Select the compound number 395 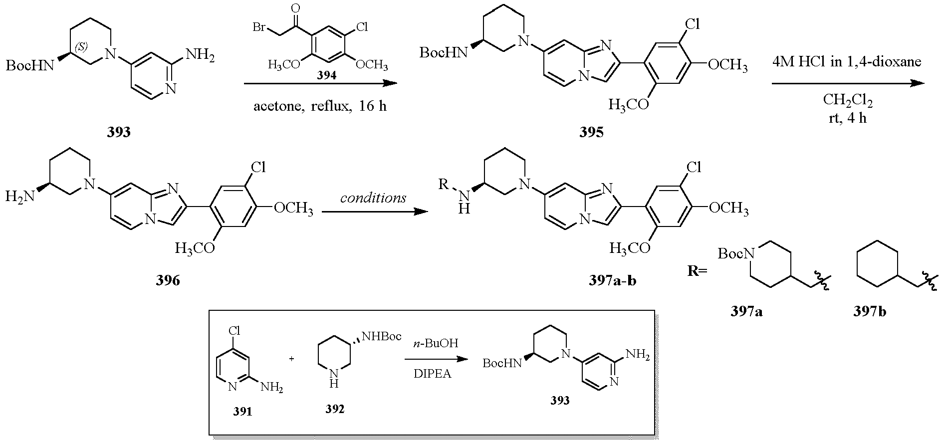pos(591,132)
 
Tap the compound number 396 pos(168,281)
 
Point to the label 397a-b pos(612,281)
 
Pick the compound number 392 pos(335,410)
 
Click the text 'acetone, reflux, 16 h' pos(320,106)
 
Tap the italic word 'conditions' pos(373,198)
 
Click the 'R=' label pos(697,273)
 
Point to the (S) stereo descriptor pos(81,47)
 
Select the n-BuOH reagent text pos(436,344)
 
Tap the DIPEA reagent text pos(432,374)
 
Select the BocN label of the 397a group pos(735,254)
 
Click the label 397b pos(870,312)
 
